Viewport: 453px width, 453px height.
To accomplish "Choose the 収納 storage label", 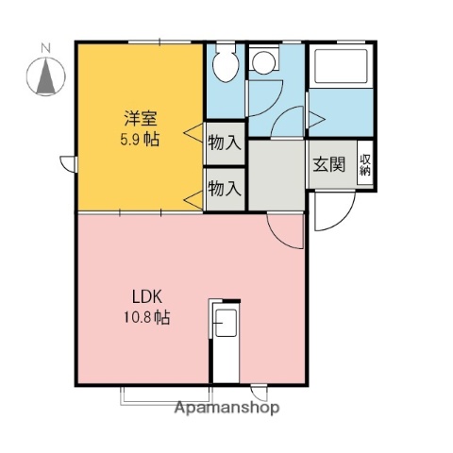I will click(365, 165).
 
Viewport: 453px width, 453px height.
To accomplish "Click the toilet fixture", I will click(226, 66).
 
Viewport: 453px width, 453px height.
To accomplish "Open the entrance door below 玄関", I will click(330, 212).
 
